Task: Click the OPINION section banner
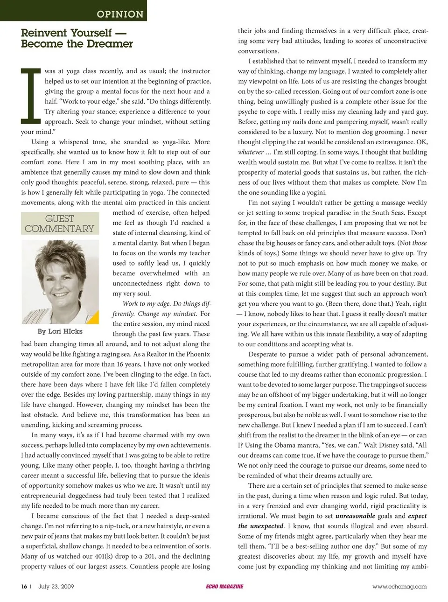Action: pos(120,14)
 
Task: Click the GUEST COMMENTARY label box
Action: pos(60,224)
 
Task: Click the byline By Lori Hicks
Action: pos(60,332)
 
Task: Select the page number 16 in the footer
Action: pos(24,587)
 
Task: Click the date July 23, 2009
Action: pos(56,587)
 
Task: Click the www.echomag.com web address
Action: pos(399,587)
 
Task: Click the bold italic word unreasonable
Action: pos(355,516)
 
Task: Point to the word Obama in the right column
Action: pos(294,446)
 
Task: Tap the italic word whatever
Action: pos(251,152)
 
